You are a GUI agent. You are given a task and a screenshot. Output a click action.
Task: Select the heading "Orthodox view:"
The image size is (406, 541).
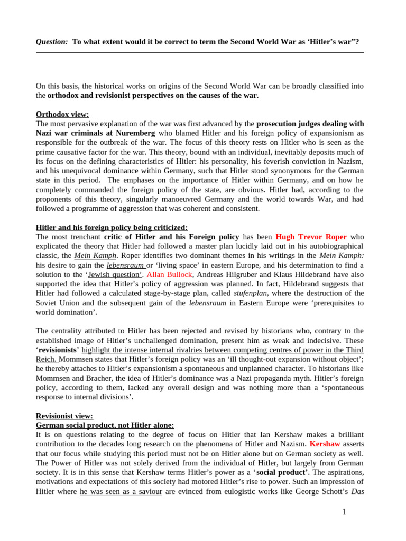tap(62, 114)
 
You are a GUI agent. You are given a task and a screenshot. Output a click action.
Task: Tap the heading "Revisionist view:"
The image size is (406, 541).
tap(64, 416)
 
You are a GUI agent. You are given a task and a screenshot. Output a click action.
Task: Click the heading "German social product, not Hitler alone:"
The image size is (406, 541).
tap(105, 425)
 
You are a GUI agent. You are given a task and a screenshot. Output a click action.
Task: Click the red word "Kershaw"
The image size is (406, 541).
tap(325, 444)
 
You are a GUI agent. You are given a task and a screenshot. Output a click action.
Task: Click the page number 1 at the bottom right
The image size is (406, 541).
tap(344, 511)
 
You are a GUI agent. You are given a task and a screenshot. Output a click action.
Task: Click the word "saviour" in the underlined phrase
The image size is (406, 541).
tap(149, 491)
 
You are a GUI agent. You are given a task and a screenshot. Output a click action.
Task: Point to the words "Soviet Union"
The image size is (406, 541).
tap(58, 303)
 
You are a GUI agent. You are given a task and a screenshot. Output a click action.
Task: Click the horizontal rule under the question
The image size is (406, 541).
tap(200, 53)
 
